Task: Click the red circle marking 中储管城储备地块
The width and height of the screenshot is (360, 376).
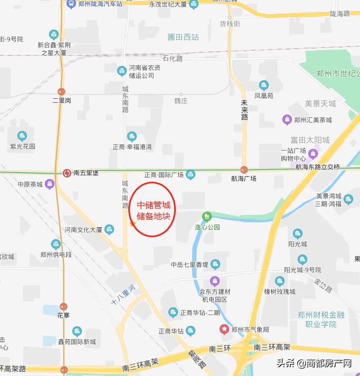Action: point(153,210)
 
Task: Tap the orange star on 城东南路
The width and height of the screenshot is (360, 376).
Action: point(132,224)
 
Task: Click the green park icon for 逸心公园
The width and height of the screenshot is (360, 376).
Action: point(207,216)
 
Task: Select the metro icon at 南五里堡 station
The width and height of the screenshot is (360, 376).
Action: point(67,172)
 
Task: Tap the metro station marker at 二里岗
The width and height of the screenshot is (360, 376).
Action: point(62,91)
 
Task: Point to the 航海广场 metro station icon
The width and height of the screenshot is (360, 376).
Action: point(244,170)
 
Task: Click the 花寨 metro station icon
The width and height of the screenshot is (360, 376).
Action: point(63,306)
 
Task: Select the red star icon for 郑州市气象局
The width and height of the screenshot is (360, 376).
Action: point(224,329)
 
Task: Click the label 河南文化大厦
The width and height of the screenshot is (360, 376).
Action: point(83,230)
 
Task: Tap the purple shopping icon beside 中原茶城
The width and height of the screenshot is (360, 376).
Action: point(50,184)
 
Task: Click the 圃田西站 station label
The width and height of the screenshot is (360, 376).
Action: point(183,37)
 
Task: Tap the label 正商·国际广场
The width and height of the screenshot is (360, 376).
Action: point(164,175)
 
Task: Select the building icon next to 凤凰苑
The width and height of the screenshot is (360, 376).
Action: point(264,86)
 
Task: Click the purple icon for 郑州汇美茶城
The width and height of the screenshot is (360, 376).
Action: point(287,120)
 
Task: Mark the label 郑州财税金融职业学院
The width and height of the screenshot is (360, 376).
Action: point(320,319)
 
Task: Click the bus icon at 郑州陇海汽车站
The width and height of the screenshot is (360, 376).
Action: point(71,4)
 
